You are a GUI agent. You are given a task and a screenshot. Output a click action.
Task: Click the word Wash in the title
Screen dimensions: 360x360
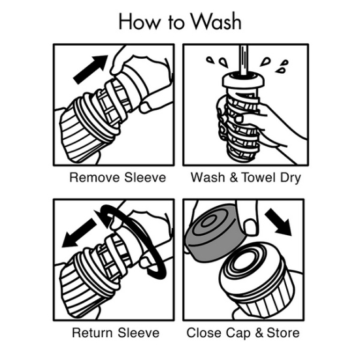(x=216, y=22)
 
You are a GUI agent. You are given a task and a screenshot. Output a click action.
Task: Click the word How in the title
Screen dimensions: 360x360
(x=140, y=22)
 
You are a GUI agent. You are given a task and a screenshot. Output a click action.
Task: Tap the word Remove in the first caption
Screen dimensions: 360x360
(x=95, y=178)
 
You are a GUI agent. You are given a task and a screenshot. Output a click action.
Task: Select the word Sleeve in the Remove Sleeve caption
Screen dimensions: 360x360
(x=145, y=178)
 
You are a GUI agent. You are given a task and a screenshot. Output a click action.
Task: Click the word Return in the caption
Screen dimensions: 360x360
(x=93, y=333)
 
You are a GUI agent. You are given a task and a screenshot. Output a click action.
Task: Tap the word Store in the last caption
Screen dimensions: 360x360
(x=283, y=333)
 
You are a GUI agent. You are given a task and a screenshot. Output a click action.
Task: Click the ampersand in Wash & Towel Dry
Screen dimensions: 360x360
(x=234, y=178)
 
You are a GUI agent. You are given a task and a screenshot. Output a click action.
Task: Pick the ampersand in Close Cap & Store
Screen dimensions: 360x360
(x=259, y=333)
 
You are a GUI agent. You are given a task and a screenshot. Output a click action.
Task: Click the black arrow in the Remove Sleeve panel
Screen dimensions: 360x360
(x=90, y=69)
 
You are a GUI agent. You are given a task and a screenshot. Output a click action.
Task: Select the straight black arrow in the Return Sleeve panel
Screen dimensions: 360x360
(x=80, y=233)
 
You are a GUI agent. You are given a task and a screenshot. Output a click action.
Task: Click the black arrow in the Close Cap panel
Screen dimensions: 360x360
(x=278, y=221)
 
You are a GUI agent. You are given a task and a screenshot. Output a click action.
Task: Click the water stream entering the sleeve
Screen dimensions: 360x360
(x=244, y=60)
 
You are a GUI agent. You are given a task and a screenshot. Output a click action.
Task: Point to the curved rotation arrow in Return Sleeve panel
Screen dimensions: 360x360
(x=135, y=241)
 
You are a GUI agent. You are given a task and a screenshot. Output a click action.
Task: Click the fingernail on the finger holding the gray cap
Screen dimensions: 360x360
(x=250, y=227)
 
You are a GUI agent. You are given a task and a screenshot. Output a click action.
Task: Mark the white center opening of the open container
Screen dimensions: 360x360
(x=246, y=261)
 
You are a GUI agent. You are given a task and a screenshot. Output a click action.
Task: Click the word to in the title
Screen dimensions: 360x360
(x=176, y=22)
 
